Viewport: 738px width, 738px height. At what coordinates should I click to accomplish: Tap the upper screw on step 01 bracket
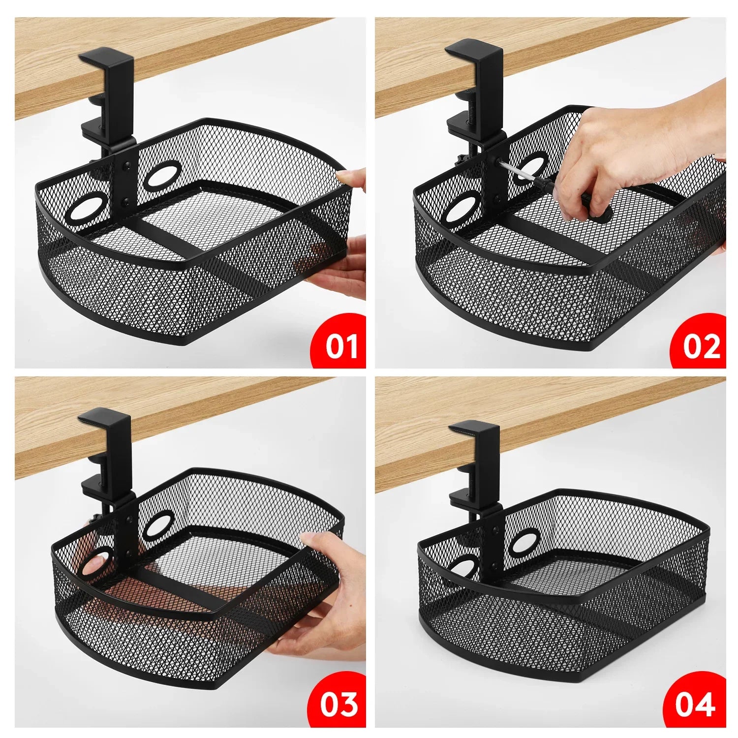click(x=127, y=166)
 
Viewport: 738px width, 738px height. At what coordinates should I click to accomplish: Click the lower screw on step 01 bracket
click(x=127, y=200)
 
